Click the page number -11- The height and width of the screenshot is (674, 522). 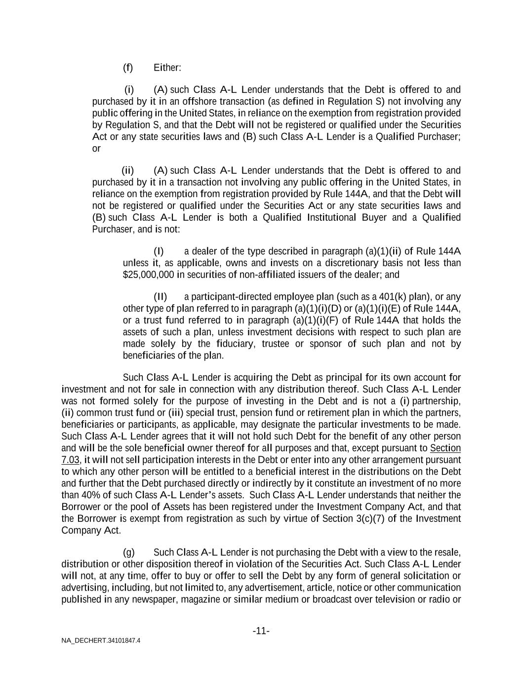pos(261,631)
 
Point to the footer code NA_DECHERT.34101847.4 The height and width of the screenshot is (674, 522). pos(101,641)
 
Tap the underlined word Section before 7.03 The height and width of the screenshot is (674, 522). pos(445,448)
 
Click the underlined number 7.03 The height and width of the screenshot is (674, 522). pos(70,460)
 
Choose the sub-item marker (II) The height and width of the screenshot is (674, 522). pos(161,297)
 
